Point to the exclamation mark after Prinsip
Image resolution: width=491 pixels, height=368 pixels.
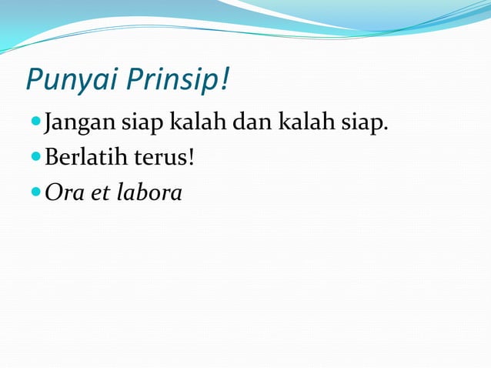pos(225,79)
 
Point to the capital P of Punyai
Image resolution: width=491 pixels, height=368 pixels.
pos(34,80)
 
